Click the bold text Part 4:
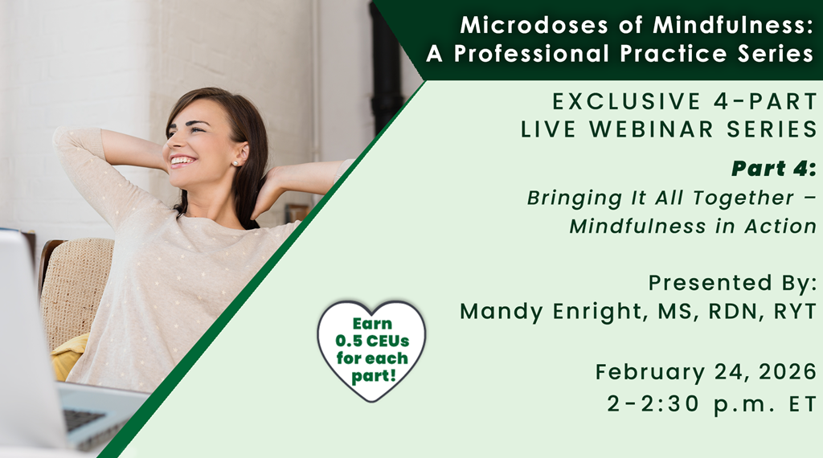(774, 169)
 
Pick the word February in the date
(650, 373)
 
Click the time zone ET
(803, 404)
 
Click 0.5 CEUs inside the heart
(372, 341)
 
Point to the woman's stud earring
(235, 163)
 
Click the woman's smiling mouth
(182, 161)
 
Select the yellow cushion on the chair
(71, 357)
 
